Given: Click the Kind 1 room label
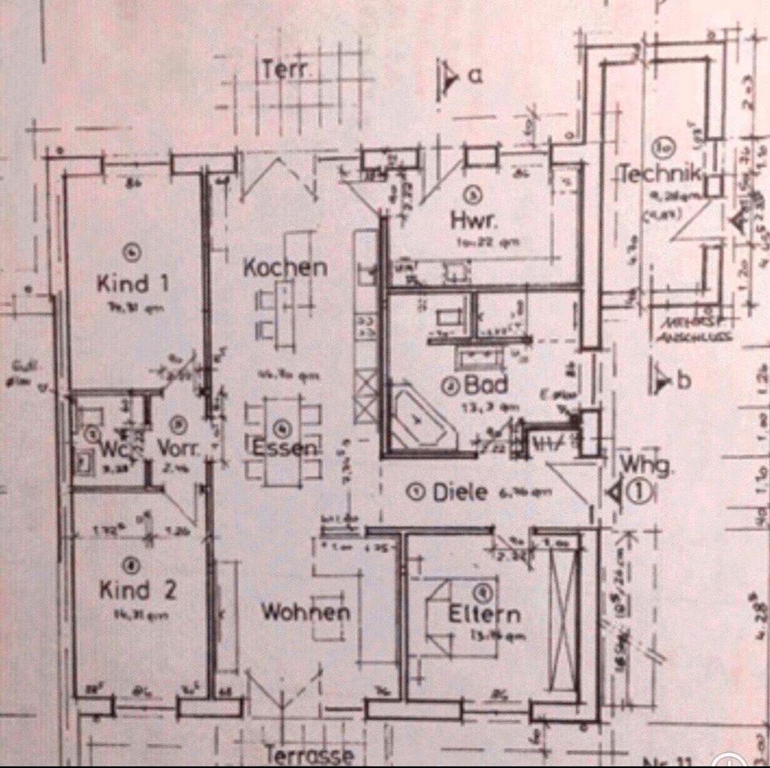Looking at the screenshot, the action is coord(133,283).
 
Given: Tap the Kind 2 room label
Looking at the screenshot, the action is coord(137,591).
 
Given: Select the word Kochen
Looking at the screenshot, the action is coord(285,268).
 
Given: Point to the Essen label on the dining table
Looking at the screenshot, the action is coord(287,448).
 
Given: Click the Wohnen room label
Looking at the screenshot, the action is coord(306,612).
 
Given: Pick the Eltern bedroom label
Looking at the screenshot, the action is coord(484,615).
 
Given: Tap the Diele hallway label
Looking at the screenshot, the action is coord(460,492).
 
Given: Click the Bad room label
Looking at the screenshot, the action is coord(485,385).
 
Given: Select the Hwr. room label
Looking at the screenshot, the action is coord(472,219).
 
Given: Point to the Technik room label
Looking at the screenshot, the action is coord(663,173).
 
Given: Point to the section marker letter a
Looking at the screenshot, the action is coord(474,76).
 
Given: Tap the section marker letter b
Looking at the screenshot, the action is coord(684,381).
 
